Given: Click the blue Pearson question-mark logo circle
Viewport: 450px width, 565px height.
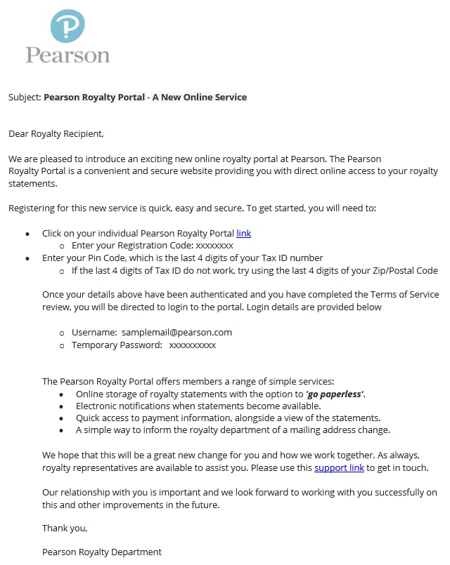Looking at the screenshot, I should coord(67,26).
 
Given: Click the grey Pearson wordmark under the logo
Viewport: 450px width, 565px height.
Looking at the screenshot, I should coord(67,55).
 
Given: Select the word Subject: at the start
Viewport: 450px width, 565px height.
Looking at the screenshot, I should coord(25,97).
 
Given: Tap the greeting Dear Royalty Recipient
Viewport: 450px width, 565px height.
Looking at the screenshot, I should coord(56,133).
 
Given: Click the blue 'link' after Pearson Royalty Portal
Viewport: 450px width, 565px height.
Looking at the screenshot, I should coord(243,233).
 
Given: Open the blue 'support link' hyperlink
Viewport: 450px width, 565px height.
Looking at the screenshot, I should coord(339,467).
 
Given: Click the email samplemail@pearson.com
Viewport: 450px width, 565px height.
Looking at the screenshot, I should coord(176,332).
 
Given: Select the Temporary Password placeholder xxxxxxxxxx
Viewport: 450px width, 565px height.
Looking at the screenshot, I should coord(193,345).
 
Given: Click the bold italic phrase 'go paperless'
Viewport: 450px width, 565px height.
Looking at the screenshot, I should coord(335,394).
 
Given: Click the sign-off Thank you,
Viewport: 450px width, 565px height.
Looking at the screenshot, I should coord(65,528).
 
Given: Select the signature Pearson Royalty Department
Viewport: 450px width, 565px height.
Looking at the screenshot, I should coord(101,552).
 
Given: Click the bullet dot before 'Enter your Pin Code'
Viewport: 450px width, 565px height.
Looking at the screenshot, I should coord(27,258).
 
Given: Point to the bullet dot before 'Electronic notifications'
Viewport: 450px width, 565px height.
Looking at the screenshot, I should coord(61,406).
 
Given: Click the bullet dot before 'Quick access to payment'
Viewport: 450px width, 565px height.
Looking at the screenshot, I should coord(61,418).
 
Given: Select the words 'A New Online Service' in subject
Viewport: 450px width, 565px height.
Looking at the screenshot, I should coord(204,97).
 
